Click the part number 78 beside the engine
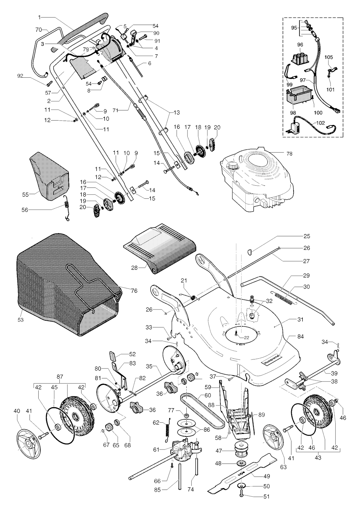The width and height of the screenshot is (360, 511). (289, 154)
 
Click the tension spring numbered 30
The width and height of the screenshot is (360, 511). (285, 297)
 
